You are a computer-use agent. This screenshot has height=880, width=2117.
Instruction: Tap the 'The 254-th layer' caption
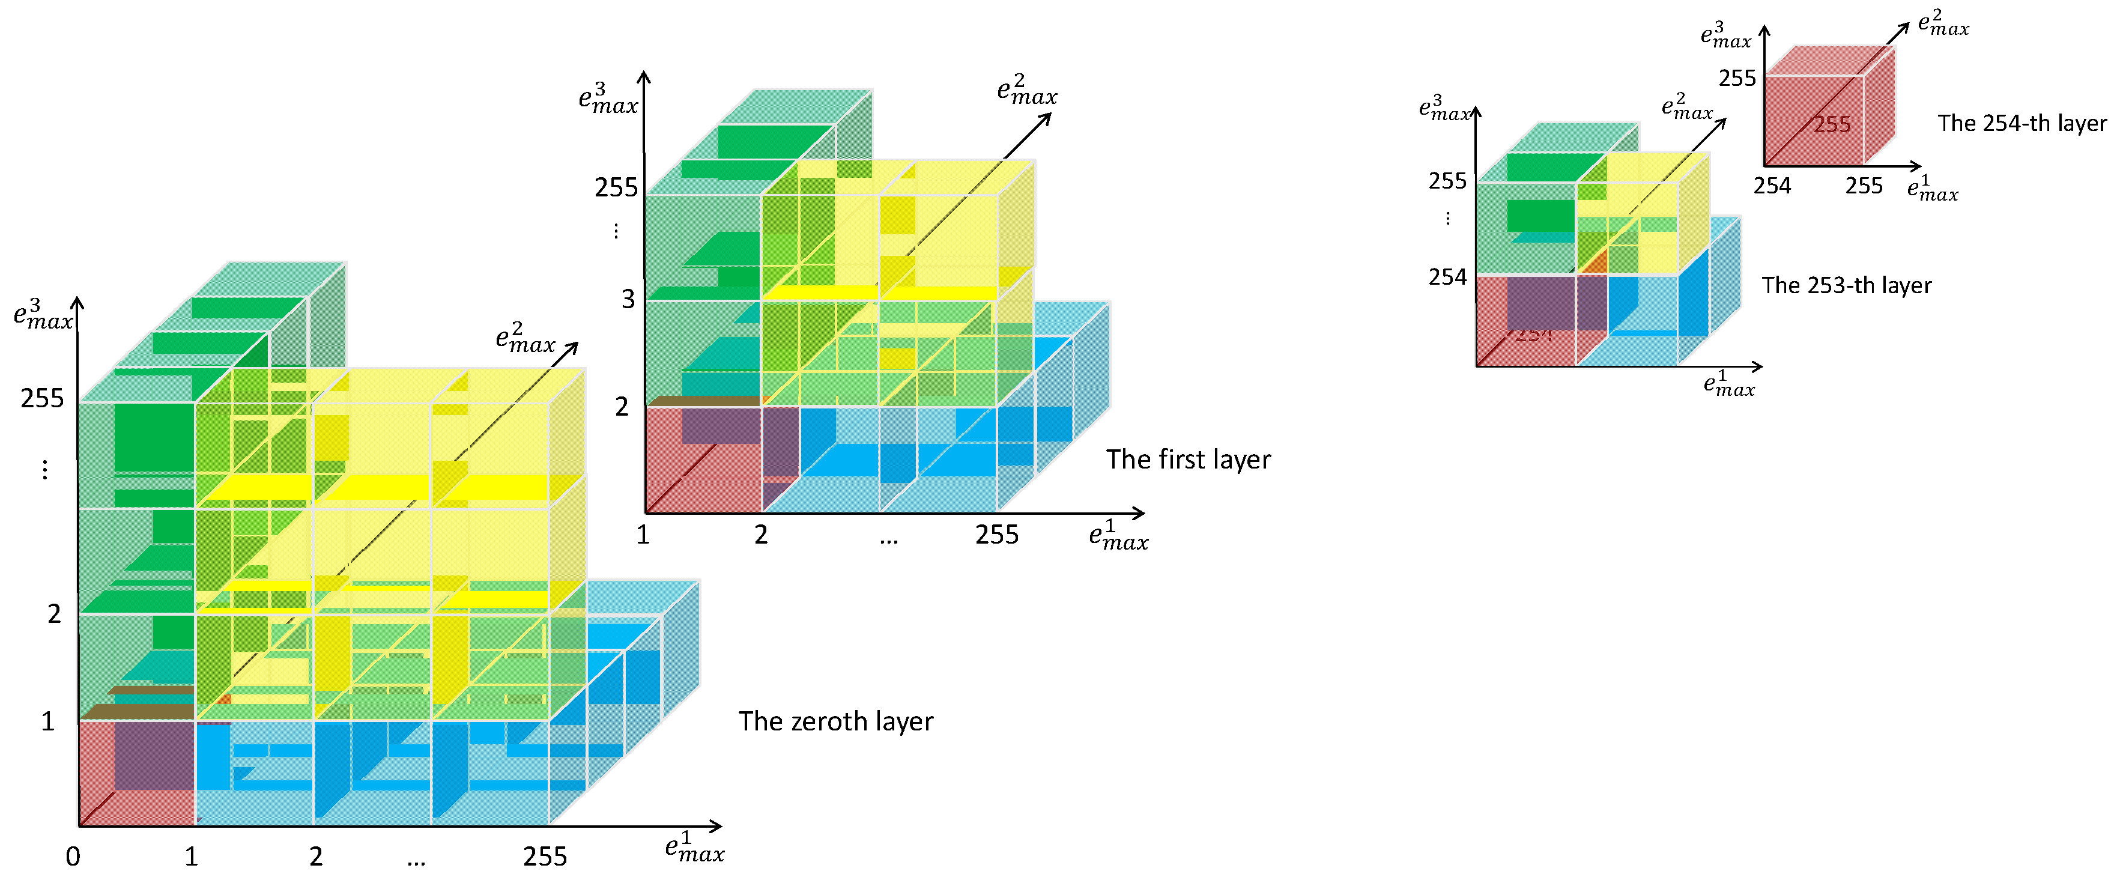point(2021,123)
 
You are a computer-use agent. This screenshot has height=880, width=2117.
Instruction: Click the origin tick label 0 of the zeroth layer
point(73,857)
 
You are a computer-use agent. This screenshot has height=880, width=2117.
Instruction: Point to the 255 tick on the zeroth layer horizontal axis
point(545,857)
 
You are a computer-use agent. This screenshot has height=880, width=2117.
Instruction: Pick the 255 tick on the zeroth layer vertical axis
point(42,398)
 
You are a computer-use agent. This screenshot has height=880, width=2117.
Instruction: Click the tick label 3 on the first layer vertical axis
point(628,299)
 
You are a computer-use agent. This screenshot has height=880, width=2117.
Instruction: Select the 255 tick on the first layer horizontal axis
point(996,535)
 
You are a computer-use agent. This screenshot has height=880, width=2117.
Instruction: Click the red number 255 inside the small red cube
point(1832,125)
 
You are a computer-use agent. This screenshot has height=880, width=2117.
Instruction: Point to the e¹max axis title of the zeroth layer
point(694,848)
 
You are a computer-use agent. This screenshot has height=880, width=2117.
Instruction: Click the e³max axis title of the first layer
point(608,99)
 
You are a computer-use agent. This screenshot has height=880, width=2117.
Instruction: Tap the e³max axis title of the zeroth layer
point(43,315)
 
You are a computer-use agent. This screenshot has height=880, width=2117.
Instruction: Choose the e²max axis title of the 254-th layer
point(1943,23)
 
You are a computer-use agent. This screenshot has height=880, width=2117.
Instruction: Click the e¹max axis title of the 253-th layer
point(1728,384)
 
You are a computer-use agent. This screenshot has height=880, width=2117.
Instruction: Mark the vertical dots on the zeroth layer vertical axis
point(45,469)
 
